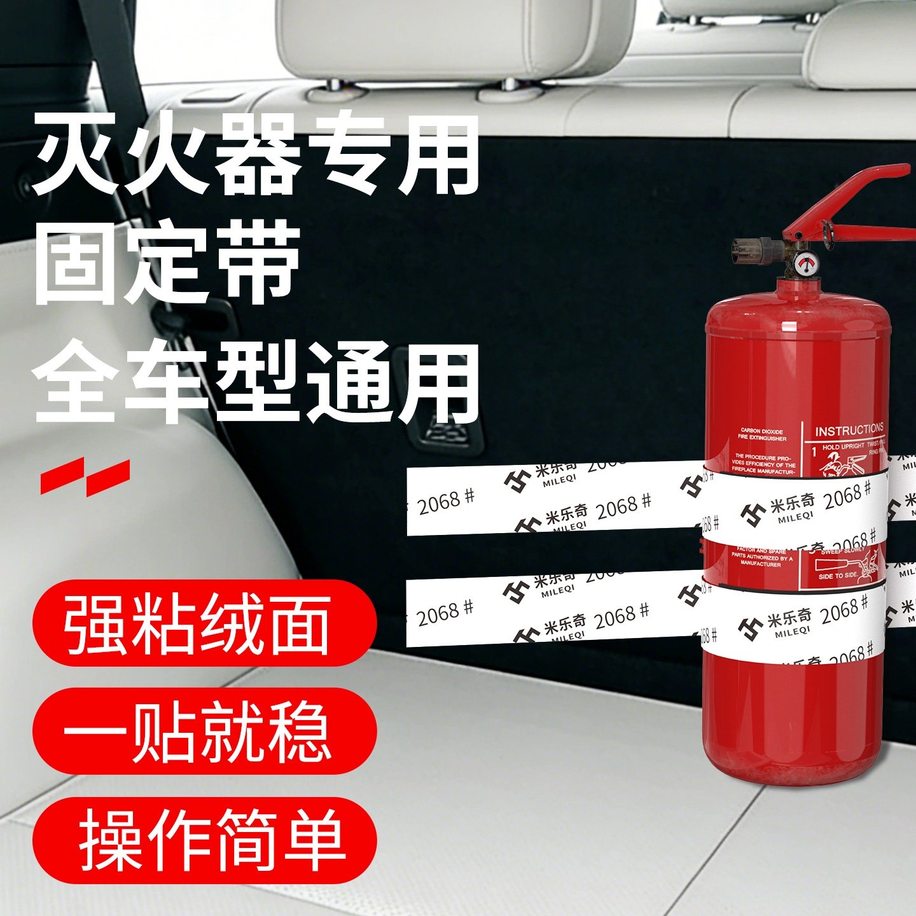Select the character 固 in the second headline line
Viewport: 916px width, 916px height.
(x=76, y=262)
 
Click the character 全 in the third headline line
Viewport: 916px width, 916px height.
(x=76, y=382)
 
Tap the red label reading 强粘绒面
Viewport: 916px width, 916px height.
(x=204, y=623)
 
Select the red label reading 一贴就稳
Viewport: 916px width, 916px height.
(x=204, y=732)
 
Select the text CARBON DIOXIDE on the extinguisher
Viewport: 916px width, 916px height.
(x=762, y=431)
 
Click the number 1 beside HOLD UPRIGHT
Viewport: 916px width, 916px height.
(x=814, y=452)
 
